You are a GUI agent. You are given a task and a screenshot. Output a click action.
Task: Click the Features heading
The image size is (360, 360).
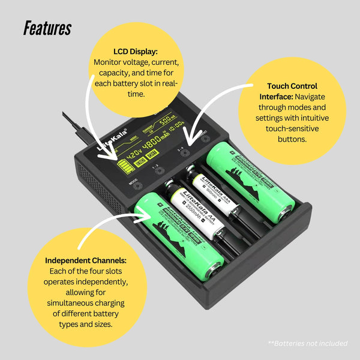click(x=47, y=29)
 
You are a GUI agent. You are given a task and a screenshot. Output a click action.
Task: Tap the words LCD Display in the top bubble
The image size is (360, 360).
click(x=136, y=52)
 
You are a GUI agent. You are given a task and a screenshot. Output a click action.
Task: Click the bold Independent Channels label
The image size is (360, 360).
click(x=86, y=260)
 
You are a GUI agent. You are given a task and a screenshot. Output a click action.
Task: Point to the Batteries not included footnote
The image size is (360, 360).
click(x=307, y=343)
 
